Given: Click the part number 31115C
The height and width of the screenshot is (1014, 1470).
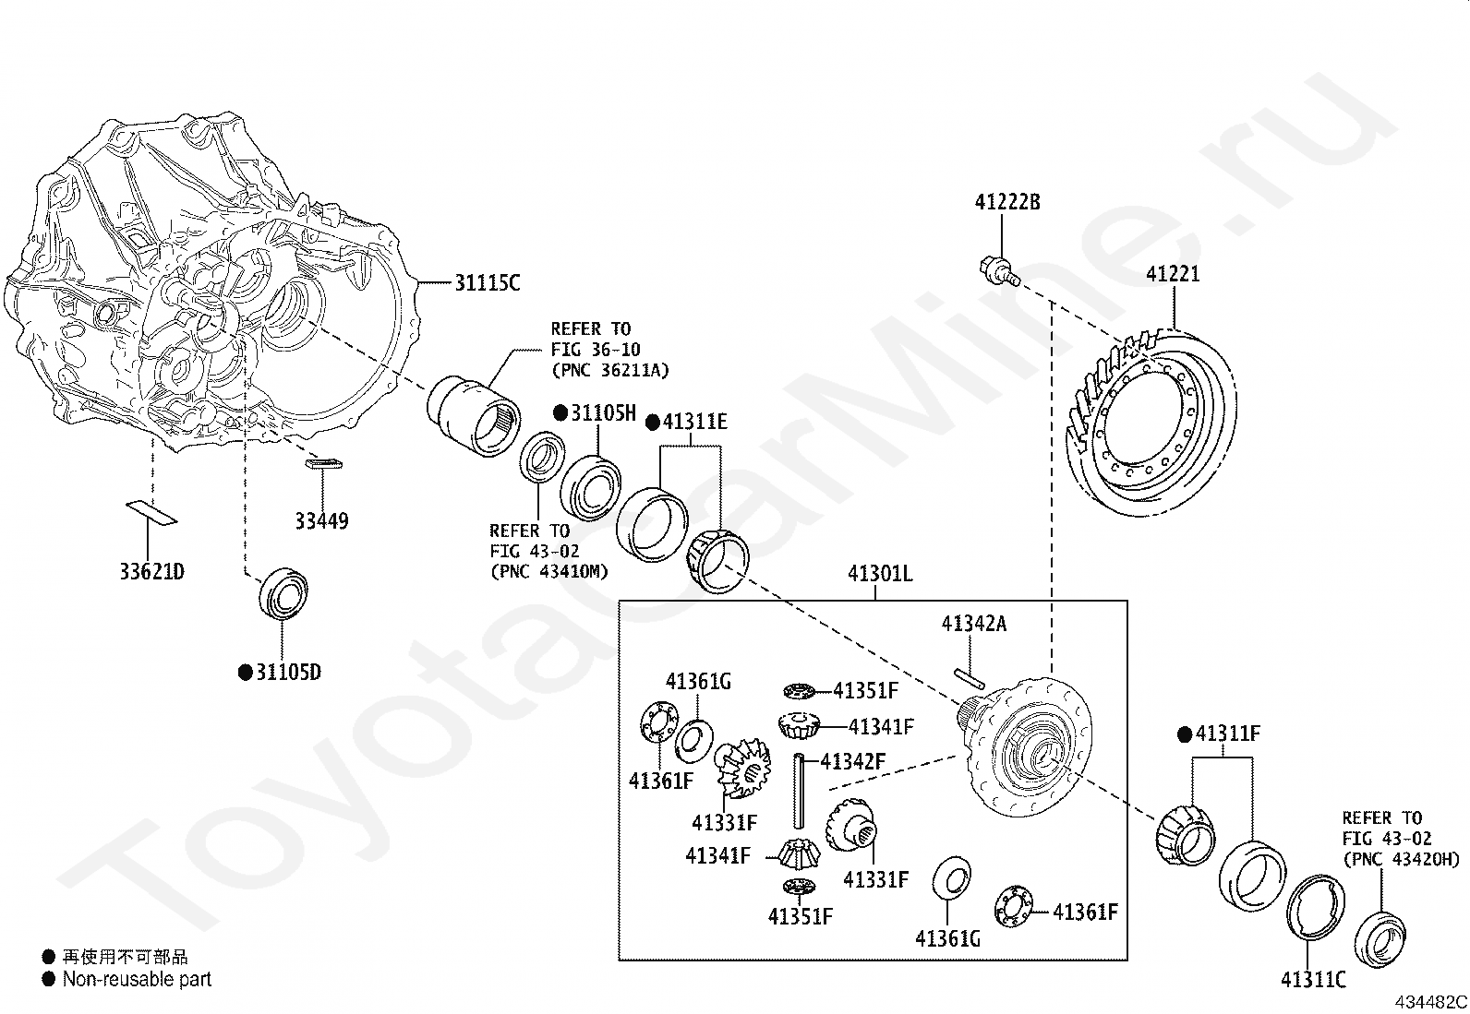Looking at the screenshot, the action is click(488, 282).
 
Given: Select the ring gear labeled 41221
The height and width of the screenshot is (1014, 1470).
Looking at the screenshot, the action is click(1151, 423).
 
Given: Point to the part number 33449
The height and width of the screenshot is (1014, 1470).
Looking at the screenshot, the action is click(321, 520).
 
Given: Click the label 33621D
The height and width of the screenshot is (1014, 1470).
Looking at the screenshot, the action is click(151, 571).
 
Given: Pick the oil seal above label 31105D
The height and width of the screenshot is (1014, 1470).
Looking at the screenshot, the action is click(283, 593).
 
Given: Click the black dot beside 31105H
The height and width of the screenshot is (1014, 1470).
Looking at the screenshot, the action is click(560, 412).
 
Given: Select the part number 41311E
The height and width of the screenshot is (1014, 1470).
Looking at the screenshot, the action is click(695, 421).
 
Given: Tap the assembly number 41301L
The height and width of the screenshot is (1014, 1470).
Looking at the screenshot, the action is click(880, 574).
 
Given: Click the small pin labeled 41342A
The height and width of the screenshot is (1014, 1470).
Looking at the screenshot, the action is click(970, 678).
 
